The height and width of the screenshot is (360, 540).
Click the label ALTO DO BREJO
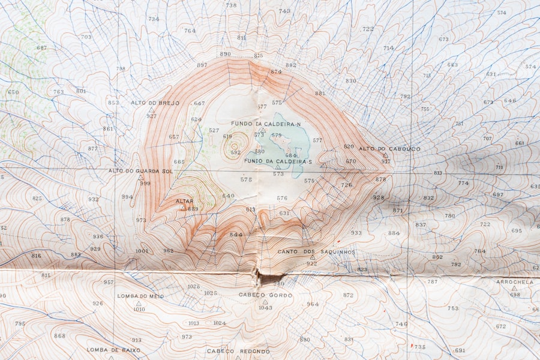[x=155, y=103]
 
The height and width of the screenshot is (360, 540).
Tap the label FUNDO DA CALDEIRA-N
[x=266, y=124]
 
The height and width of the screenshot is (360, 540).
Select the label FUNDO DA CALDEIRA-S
[x=278, y=162]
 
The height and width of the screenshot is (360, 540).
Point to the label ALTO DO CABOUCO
[x=389, y=149]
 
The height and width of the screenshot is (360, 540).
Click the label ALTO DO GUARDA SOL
[x=140, y=171]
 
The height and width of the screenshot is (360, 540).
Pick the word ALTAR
[x=184, y=201]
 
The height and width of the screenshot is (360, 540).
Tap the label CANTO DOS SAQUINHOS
[x=316, y=252]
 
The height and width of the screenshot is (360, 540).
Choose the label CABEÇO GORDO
[x=265, y=295]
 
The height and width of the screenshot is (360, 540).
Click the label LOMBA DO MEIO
[x=140, y=296]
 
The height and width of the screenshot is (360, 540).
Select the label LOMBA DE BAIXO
[x=113, y=350]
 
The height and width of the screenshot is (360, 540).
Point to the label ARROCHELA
[x=514, y=281]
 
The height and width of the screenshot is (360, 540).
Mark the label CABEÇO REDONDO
[x=238, y=351]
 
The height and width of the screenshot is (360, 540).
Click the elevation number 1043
[x=265, y=308]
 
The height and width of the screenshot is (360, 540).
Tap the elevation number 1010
[x=139, y=309]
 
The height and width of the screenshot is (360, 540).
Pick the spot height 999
[x=145, y=183]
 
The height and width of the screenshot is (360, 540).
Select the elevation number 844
[x=236, y=235]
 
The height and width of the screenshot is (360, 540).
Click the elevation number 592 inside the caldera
[x=235, y=152]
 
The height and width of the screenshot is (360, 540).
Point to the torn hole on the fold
[x=264, y=278]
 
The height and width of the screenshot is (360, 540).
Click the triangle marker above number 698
[x=514, y=288]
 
